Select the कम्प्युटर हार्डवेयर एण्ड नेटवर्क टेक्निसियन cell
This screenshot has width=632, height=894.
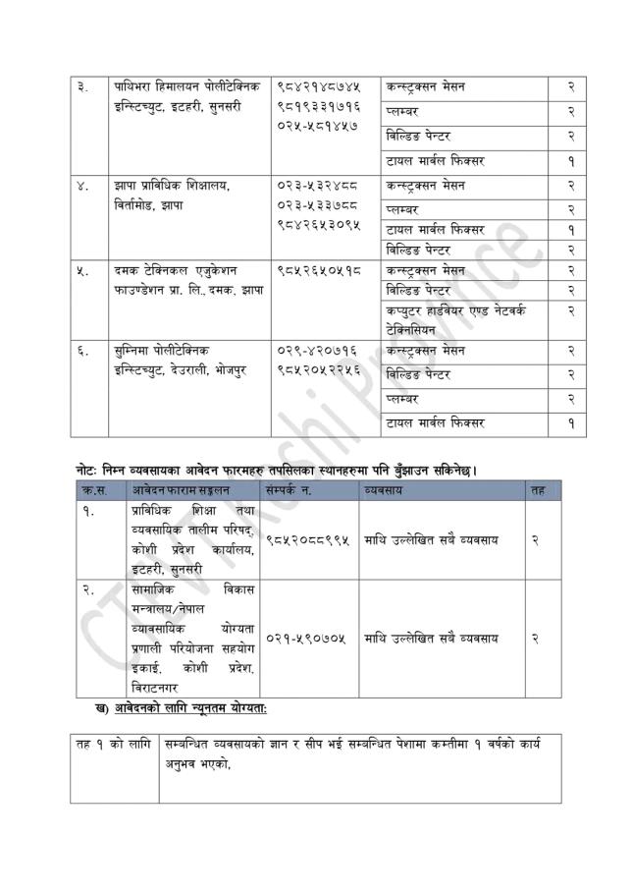click(455, 320)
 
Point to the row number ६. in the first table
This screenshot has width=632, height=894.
click(83, 349)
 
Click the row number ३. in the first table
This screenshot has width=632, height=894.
click(83, 86)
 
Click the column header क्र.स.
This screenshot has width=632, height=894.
click(94, 489)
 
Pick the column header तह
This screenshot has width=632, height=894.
click(536, 489)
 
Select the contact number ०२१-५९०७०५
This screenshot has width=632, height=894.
click(305, 638)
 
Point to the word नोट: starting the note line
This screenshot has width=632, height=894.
click(90, 470)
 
